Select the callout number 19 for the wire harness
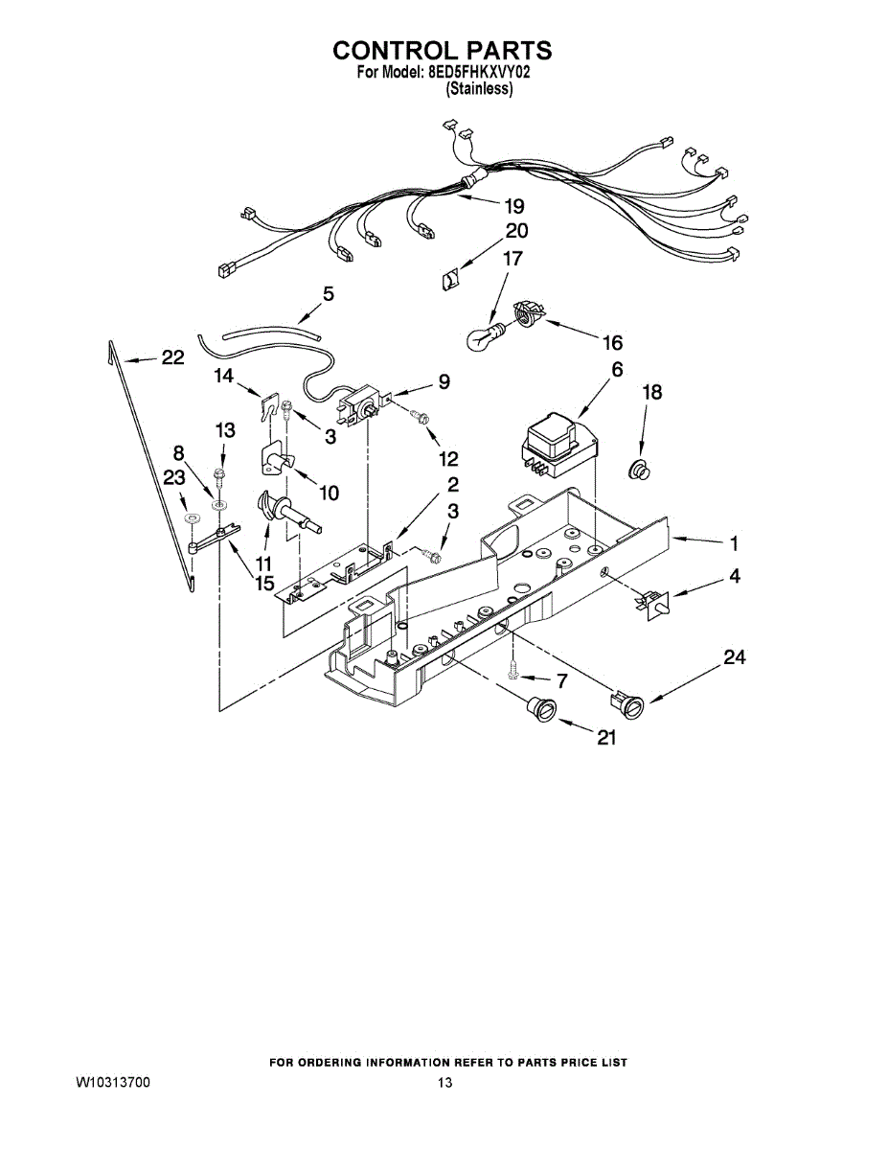click(514, 206)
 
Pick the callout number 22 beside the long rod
click(172, 357)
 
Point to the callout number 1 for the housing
click(734, 543)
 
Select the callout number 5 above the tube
click(329, 294)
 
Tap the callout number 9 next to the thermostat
click(444, 381)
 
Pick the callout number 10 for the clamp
click(329, 493)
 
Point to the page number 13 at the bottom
click(444, 1083)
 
